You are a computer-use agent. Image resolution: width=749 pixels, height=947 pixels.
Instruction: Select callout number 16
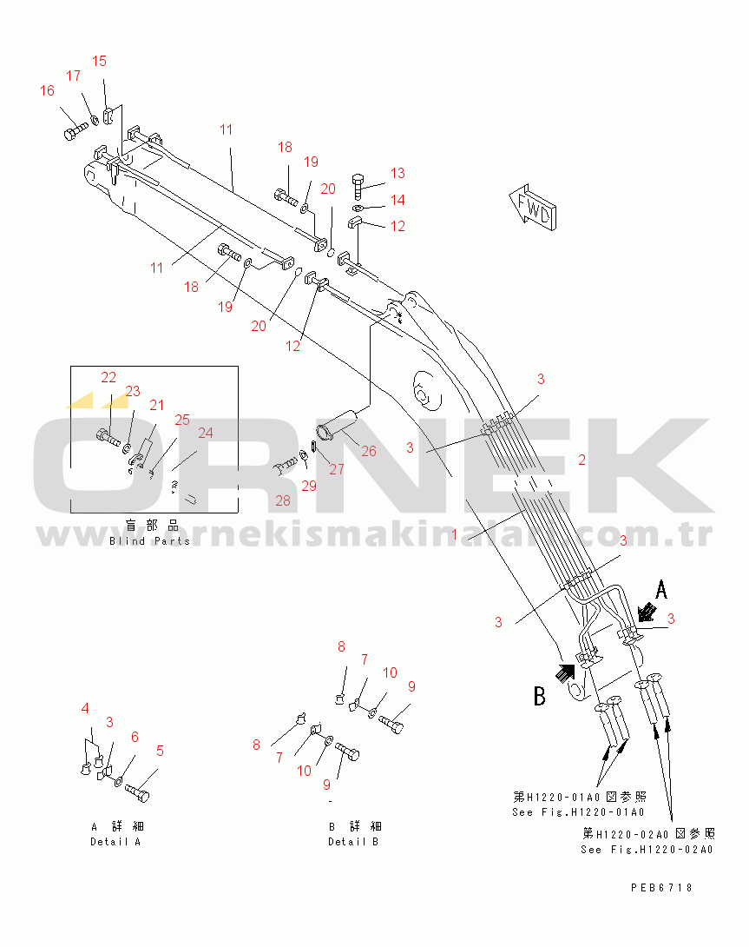tap(47, 91)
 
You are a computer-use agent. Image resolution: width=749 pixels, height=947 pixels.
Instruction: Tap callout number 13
tap(397, 174)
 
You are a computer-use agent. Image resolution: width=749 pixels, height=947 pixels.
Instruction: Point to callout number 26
tap(369, 451)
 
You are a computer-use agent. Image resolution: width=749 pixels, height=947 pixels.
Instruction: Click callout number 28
tap(283, 500)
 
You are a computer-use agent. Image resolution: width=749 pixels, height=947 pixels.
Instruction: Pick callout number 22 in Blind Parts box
tap(108, 377)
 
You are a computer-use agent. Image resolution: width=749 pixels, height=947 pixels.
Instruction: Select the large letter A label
tap(661, 591)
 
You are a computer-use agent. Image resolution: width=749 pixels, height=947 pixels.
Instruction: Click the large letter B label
tap(539, 696)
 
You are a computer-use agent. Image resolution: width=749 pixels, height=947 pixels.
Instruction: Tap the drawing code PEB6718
tap(661, 887)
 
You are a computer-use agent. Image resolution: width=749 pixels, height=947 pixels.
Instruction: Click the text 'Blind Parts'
tap(149, 541)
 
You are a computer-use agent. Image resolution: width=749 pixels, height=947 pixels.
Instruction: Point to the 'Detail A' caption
tap(115, 842)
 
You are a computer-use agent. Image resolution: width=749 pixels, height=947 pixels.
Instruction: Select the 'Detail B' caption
tap(353, 842)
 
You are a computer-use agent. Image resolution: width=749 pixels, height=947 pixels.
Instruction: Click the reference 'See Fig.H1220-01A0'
tap(578, 812)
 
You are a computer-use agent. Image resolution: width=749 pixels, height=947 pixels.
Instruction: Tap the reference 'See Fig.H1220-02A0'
tap(647, 849)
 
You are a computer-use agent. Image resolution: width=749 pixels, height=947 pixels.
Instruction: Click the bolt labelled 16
tap(73, 133)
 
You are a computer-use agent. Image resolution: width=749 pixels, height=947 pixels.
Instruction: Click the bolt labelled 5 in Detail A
tap(137, 792)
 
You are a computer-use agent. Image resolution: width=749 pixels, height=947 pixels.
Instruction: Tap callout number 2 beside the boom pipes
tap(582, 460)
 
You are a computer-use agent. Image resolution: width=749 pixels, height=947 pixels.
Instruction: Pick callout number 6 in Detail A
tap(135, 737)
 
